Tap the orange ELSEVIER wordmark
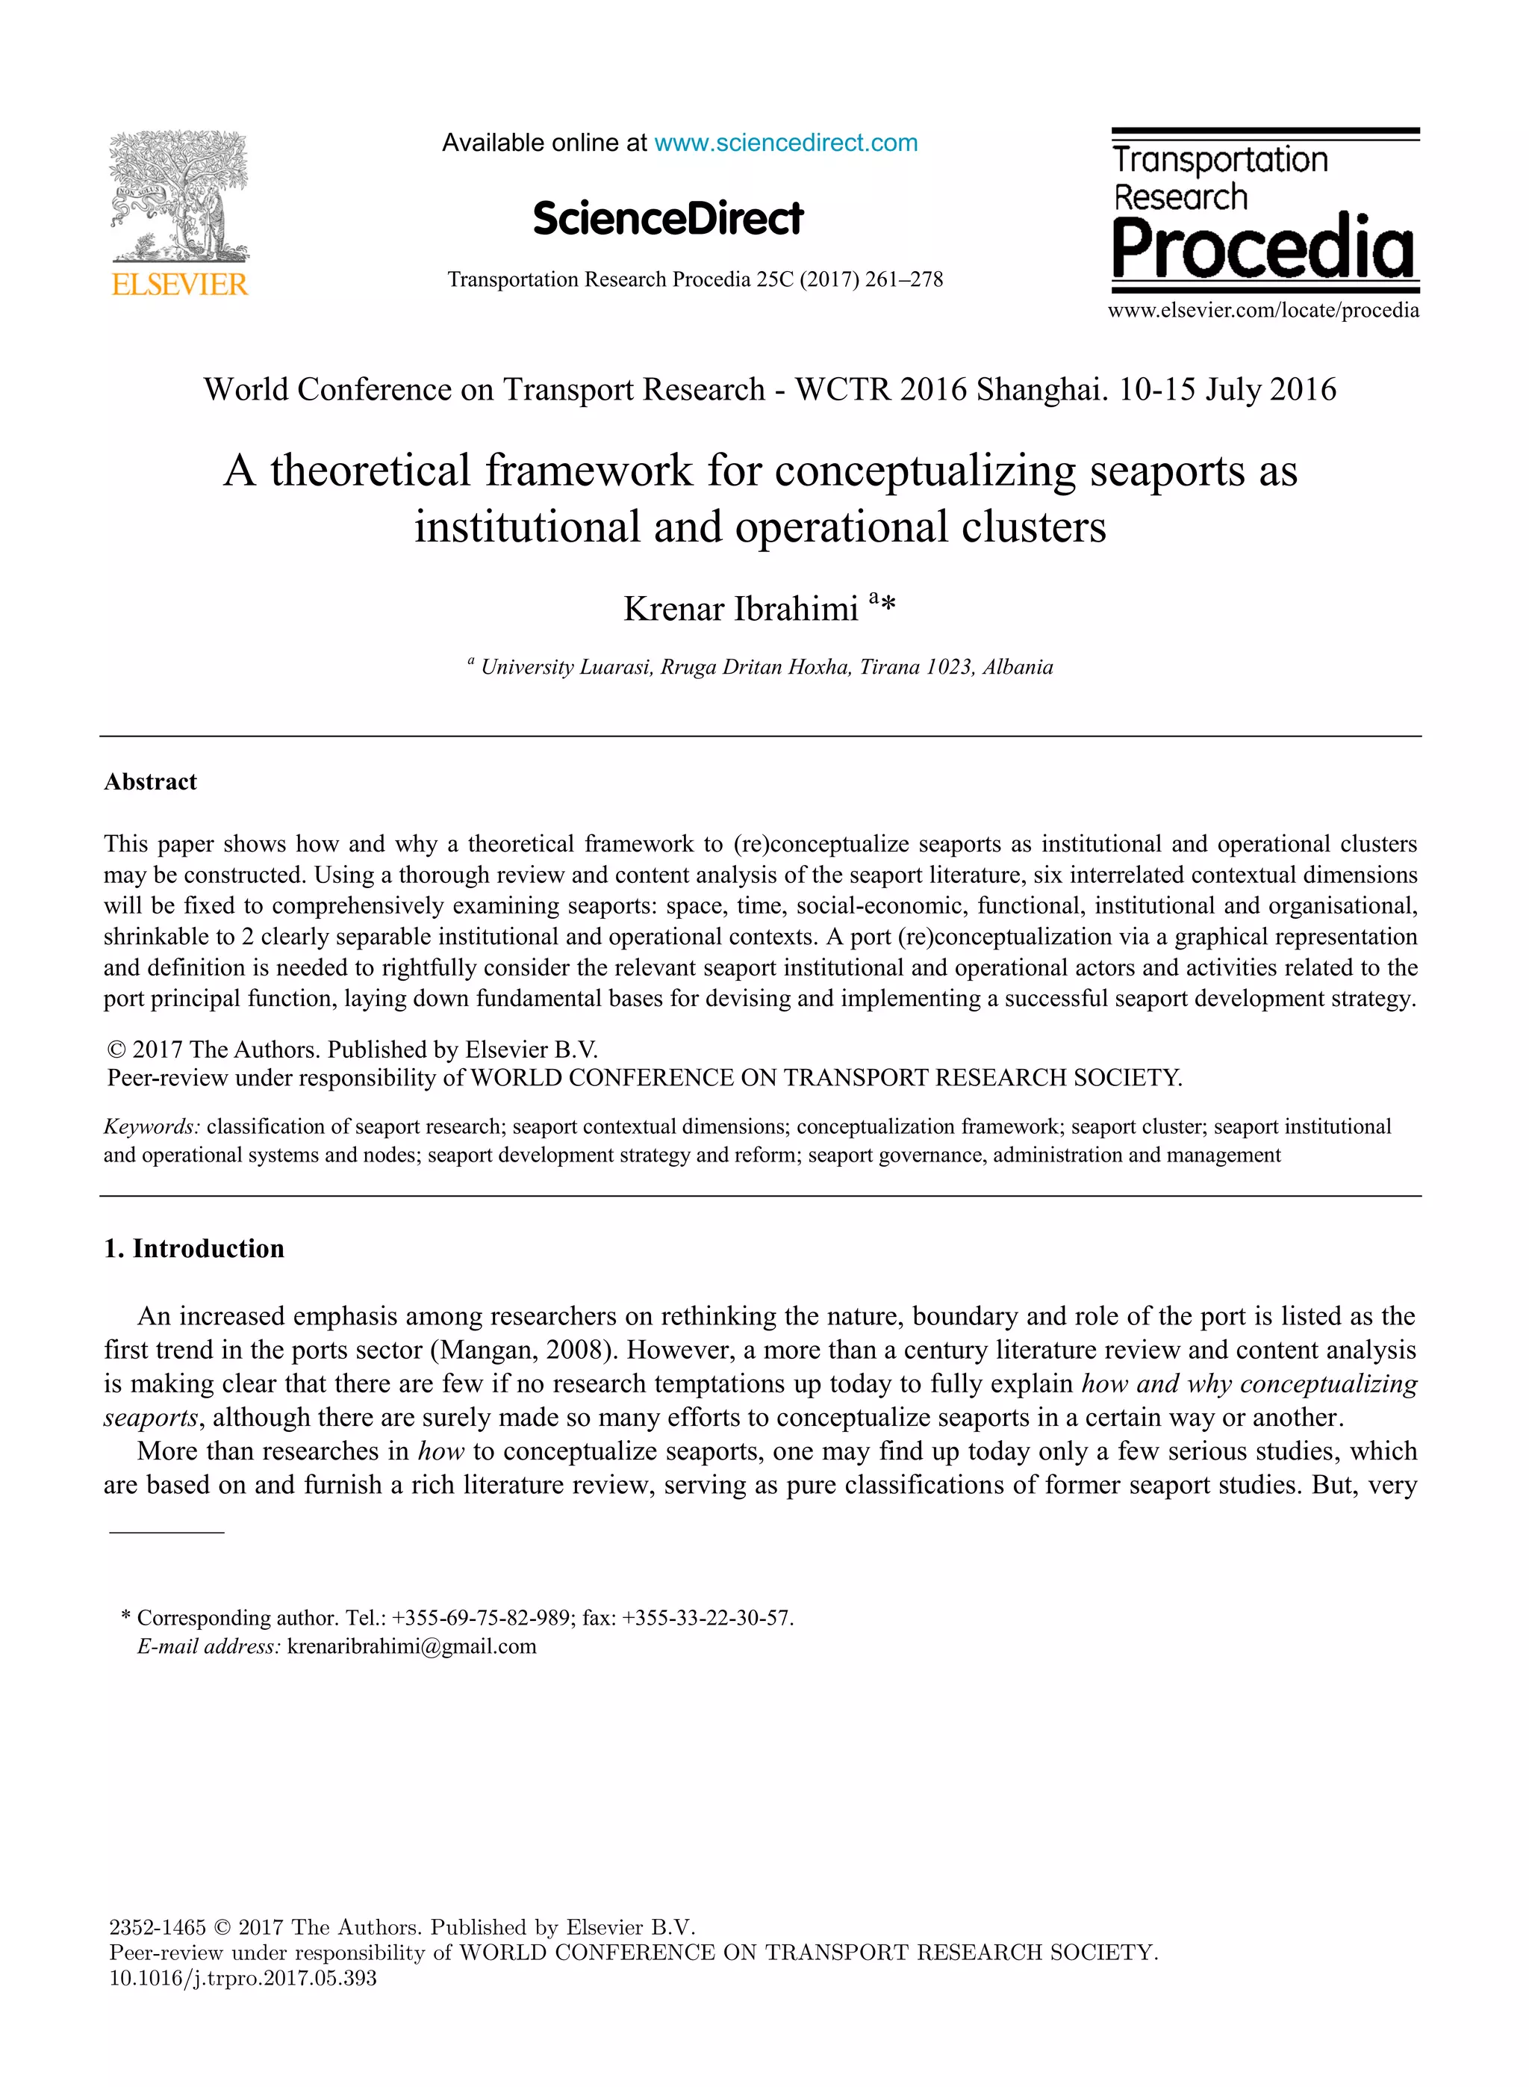180,285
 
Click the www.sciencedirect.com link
786,143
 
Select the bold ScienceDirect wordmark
668,219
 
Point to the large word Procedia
1263,247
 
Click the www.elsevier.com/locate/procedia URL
1263,310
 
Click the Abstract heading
150,781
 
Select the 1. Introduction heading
193,1248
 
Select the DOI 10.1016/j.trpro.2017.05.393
243,1978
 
